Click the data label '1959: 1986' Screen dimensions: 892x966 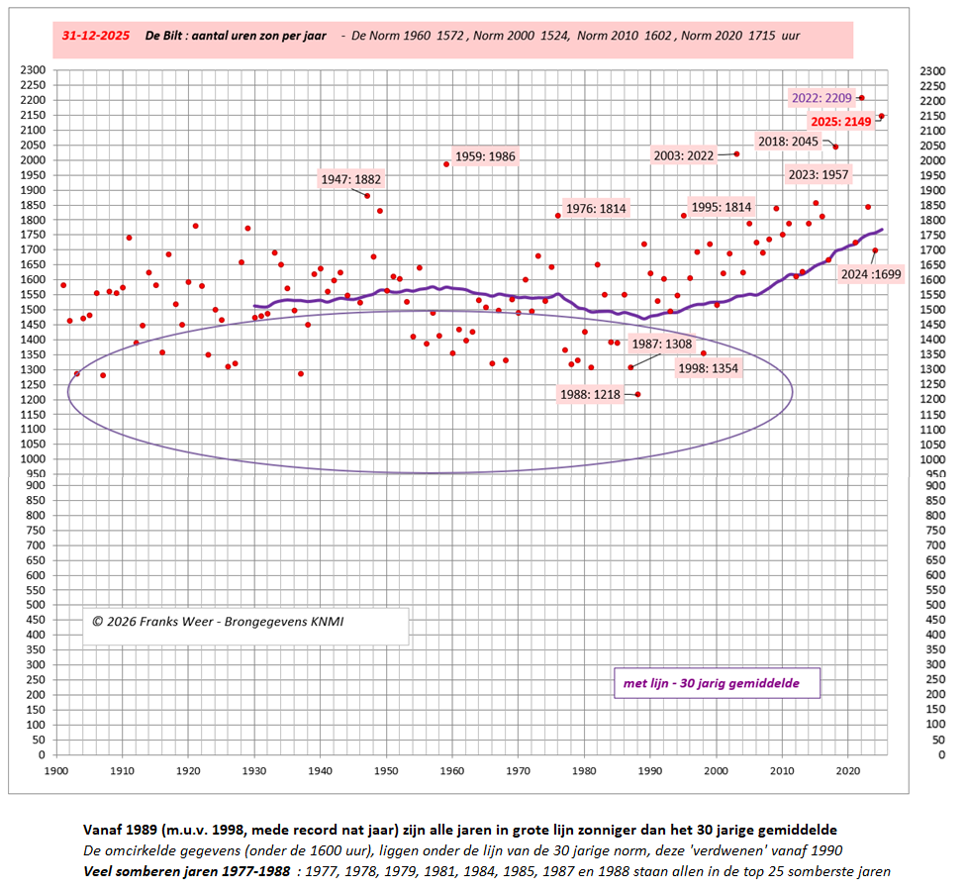[485, 156]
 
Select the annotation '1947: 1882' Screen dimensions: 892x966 [350, 179]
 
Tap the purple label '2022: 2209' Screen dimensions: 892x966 [821, 98]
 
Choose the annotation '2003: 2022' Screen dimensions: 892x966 [684, 155]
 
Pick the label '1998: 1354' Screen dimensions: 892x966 [708, 368]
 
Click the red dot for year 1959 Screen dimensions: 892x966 [446, 164]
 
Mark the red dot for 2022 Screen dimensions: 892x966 [862, 98]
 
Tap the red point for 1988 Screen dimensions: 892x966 [637, 394]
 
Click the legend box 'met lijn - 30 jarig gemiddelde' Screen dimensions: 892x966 [711, 683]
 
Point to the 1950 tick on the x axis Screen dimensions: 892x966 [386, 769]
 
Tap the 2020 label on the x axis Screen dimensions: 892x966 [848, 769]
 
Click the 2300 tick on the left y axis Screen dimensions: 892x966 [34, 70]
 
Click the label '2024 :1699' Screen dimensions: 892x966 [868, 274]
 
